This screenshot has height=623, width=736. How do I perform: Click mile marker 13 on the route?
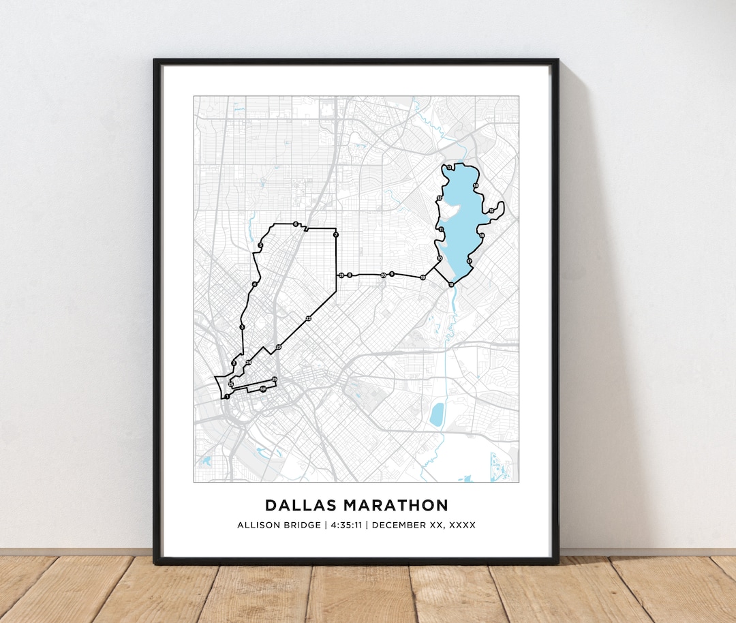point(450,168)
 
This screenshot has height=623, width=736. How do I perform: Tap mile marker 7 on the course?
point(335,234)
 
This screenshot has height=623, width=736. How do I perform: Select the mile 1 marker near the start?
point(226,396)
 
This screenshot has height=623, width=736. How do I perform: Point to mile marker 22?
point(309,318)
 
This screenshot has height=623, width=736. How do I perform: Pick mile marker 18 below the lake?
point(451,284)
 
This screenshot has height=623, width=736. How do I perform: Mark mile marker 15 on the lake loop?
point(491,211)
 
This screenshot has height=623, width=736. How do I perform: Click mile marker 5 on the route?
point(260,246)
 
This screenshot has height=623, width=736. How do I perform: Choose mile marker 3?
point(242,328)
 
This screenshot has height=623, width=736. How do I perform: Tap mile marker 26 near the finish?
point(275,379)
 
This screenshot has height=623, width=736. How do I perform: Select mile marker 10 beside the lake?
point(440,258)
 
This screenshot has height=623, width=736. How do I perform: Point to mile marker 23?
point(278,348)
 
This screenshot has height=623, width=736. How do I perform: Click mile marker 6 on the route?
point(296,224)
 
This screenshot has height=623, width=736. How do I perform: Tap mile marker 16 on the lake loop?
point(481,236)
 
